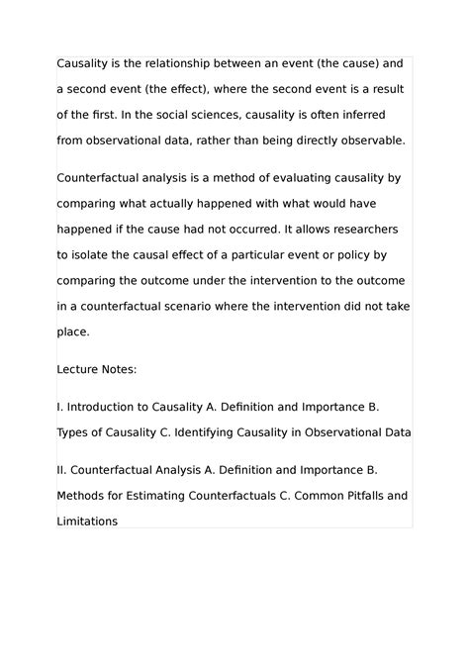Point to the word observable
371,141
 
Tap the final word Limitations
88,520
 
